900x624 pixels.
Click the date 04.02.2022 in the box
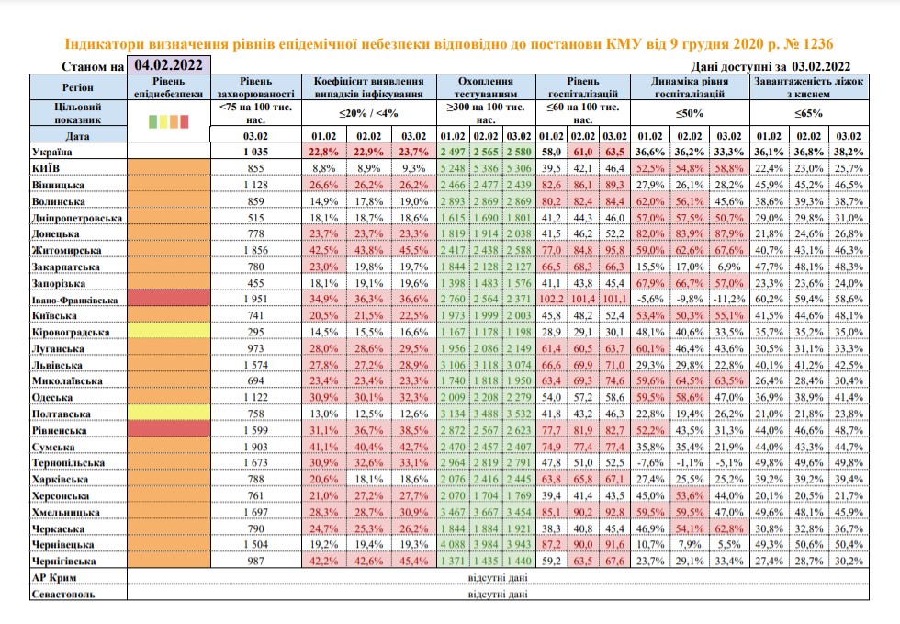169,64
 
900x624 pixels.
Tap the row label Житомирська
66,251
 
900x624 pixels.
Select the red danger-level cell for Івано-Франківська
169,299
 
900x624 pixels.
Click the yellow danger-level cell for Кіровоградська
169,332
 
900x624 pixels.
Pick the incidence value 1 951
255,300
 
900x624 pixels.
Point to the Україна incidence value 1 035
255,152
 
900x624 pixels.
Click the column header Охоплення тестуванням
486,87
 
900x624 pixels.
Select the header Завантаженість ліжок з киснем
809,87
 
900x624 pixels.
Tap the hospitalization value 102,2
551,300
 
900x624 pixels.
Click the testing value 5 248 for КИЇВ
453,168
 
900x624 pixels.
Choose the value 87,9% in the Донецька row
729,233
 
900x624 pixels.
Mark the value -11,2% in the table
729,300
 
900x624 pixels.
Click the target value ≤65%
809,113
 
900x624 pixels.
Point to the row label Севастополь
63,594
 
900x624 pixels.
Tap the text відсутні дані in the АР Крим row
498,577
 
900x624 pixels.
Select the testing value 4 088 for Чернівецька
453,545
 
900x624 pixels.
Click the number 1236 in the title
817,44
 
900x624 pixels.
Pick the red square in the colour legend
185,121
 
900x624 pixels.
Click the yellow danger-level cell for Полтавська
169,414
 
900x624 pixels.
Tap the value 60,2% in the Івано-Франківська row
769,300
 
